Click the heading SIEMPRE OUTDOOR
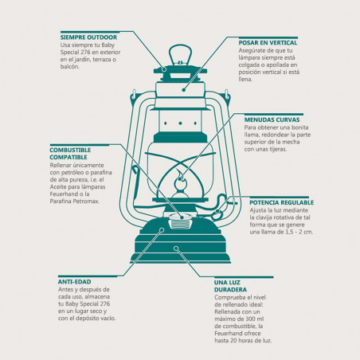88,37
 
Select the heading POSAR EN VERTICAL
268,43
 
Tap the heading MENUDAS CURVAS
272,119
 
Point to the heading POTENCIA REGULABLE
282,202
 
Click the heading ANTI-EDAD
75,282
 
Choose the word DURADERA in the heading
230,290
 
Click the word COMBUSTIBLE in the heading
70,150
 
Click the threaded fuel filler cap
181,221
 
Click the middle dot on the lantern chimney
180,123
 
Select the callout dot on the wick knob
217,211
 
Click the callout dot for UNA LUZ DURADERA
176,248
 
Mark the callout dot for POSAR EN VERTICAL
183,90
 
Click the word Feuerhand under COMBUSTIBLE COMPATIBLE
62,194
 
